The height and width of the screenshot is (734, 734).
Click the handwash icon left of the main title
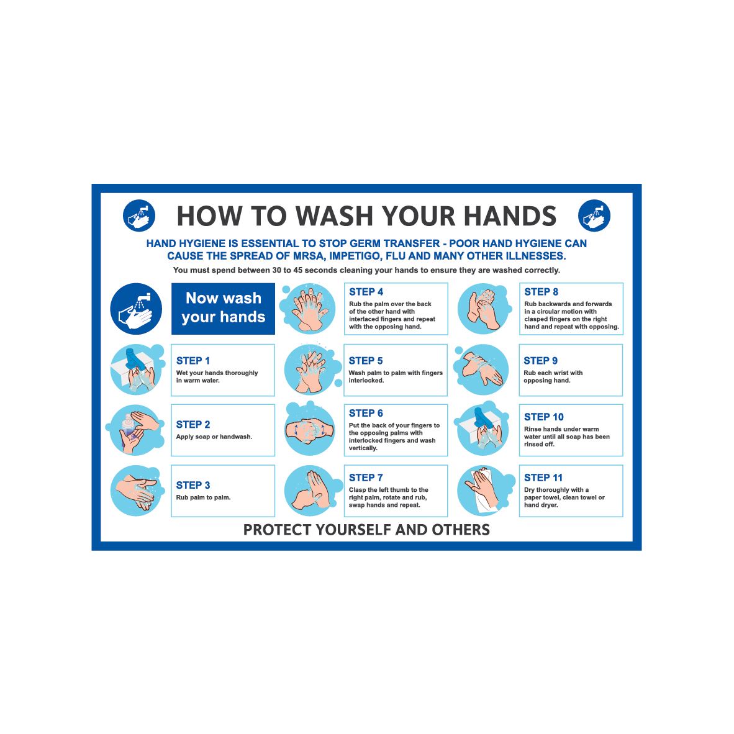pyautogui.click(x=139, y=215)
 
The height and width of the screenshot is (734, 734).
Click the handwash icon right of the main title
pyautogui.click(x=594, y=215)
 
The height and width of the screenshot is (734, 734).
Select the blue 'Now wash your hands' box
pyautogui.click(x=223, y=308)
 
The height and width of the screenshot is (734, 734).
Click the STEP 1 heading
pyautogui.click(x=193, y=361)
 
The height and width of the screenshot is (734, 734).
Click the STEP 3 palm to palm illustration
pyautogui.click(x=137, y=491)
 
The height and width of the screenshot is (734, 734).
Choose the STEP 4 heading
pyautogui.click(x=366, y=292)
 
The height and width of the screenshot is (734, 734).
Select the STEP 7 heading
pyautogui.click(x=366, y=478)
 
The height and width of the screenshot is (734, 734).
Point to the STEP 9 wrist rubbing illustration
pyautogui.click(x=482, y=369)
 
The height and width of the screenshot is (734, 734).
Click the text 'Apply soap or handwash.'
pyautogui.click(x=214, y=437)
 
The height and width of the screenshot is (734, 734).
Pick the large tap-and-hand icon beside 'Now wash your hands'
pyautogui.click(x=136, y=309)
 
